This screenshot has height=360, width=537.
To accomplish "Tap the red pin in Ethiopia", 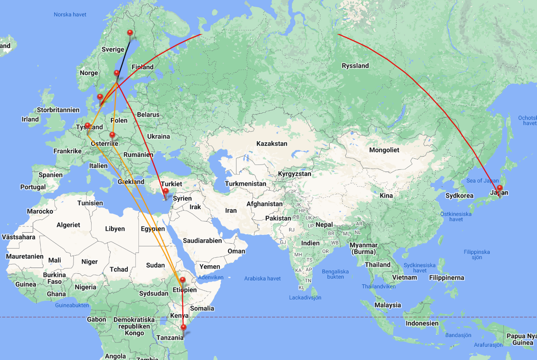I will click(182, 280).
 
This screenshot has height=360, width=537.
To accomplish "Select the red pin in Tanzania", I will click(184, 328).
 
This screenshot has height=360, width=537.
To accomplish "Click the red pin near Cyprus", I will click(165, 192).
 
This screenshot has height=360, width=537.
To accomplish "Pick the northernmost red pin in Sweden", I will click(130, 33).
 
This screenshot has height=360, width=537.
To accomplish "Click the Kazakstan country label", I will click(272, 144).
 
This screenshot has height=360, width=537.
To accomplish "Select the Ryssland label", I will click(355, 66).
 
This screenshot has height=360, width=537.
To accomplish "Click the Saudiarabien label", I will click(202, 241).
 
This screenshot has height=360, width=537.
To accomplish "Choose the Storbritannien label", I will click(58, 110).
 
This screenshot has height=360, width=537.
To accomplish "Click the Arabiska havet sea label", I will click(262, 279).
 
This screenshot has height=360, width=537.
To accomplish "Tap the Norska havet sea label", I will click(70, 15).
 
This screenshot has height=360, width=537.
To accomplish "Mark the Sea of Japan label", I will click(482, 180).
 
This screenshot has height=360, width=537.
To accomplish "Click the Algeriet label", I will click(68, 225).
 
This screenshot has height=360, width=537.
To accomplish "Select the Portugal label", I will click(33, 187).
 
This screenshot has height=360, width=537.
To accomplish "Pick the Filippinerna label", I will click(446, 278).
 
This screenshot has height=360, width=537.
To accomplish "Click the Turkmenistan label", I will click(245, 184).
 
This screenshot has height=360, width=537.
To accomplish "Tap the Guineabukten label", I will click(73, 305).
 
